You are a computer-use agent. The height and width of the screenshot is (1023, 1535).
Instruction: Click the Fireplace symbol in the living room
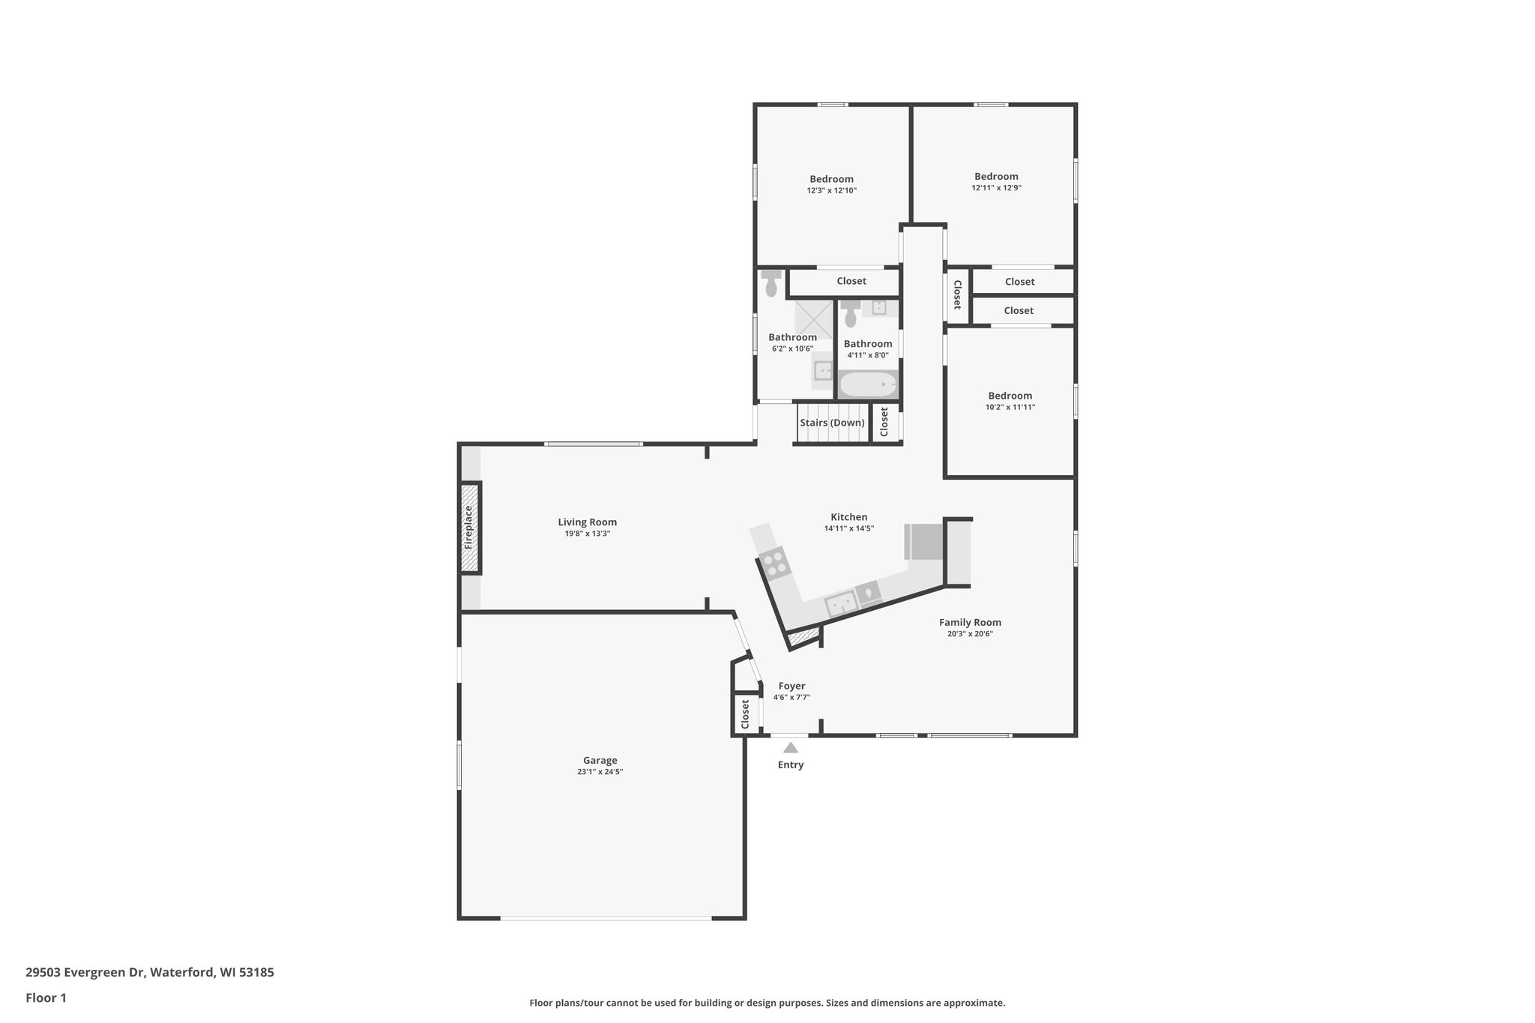pos(469,528)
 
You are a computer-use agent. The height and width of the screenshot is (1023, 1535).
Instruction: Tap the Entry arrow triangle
pos(790,747)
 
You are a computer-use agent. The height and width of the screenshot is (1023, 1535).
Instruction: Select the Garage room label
pos(600,760)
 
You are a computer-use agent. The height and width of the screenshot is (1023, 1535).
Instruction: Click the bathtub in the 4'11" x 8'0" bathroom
pos(867,385)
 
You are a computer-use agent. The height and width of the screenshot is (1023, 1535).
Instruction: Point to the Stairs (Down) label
pos(832,423)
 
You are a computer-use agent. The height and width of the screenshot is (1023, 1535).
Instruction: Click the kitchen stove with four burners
pos(775,562)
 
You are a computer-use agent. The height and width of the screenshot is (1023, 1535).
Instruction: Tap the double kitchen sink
pos(841,604)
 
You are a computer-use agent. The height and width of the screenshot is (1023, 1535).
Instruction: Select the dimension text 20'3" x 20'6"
pos(970,633)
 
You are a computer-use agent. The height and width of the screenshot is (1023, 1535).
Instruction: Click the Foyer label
pos(791,686)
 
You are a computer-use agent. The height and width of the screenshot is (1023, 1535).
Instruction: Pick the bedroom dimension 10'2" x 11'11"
pos(1010,407)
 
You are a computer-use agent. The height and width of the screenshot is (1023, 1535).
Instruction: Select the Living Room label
pos(587,522)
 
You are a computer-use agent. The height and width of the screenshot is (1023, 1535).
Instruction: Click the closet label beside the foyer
pos(745,714)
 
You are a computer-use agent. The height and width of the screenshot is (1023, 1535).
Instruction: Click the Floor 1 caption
pos(46,998)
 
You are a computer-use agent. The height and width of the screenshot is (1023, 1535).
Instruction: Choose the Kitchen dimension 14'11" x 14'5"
pos(848,528)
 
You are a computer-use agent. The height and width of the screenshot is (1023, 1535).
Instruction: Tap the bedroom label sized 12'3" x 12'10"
pos(831,179)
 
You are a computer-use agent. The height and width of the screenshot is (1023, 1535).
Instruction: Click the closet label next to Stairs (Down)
pos(884,422)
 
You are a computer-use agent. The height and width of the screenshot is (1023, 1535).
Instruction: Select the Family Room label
pos(970,622)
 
